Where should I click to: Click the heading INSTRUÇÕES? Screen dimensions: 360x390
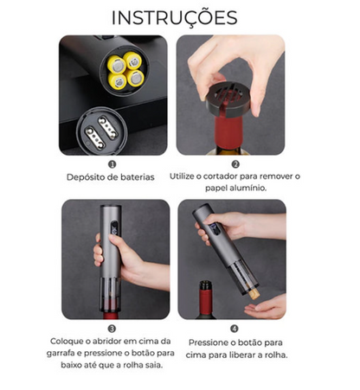coord(175,18)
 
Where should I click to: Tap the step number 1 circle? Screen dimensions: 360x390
coord(112,164)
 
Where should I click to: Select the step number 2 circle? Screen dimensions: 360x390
coord(235,164)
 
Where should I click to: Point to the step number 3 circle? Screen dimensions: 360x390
coord(112,329)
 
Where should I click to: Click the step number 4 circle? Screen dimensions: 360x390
coord(235,329)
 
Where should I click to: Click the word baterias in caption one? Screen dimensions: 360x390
coord(138,177)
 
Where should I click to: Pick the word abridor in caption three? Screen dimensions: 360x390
coord(107,342)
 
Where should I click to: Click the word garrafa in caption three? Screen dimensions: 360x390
coord(61,353)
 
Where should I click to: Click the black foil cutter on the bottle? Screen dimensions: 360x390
coord(228,99)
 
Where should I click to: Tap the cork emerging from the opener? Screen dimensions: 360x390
coord(254,294)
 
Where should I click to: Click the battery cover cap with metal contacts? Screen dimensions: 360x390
coord(101,131)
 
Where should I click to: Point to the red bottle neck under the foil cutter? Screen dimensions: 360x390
coord(228,131)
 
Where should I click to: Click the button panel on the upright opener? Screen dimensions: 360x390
coord(114,227)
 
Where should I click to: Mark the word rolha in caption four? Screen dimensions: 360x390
coord(277,355)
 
